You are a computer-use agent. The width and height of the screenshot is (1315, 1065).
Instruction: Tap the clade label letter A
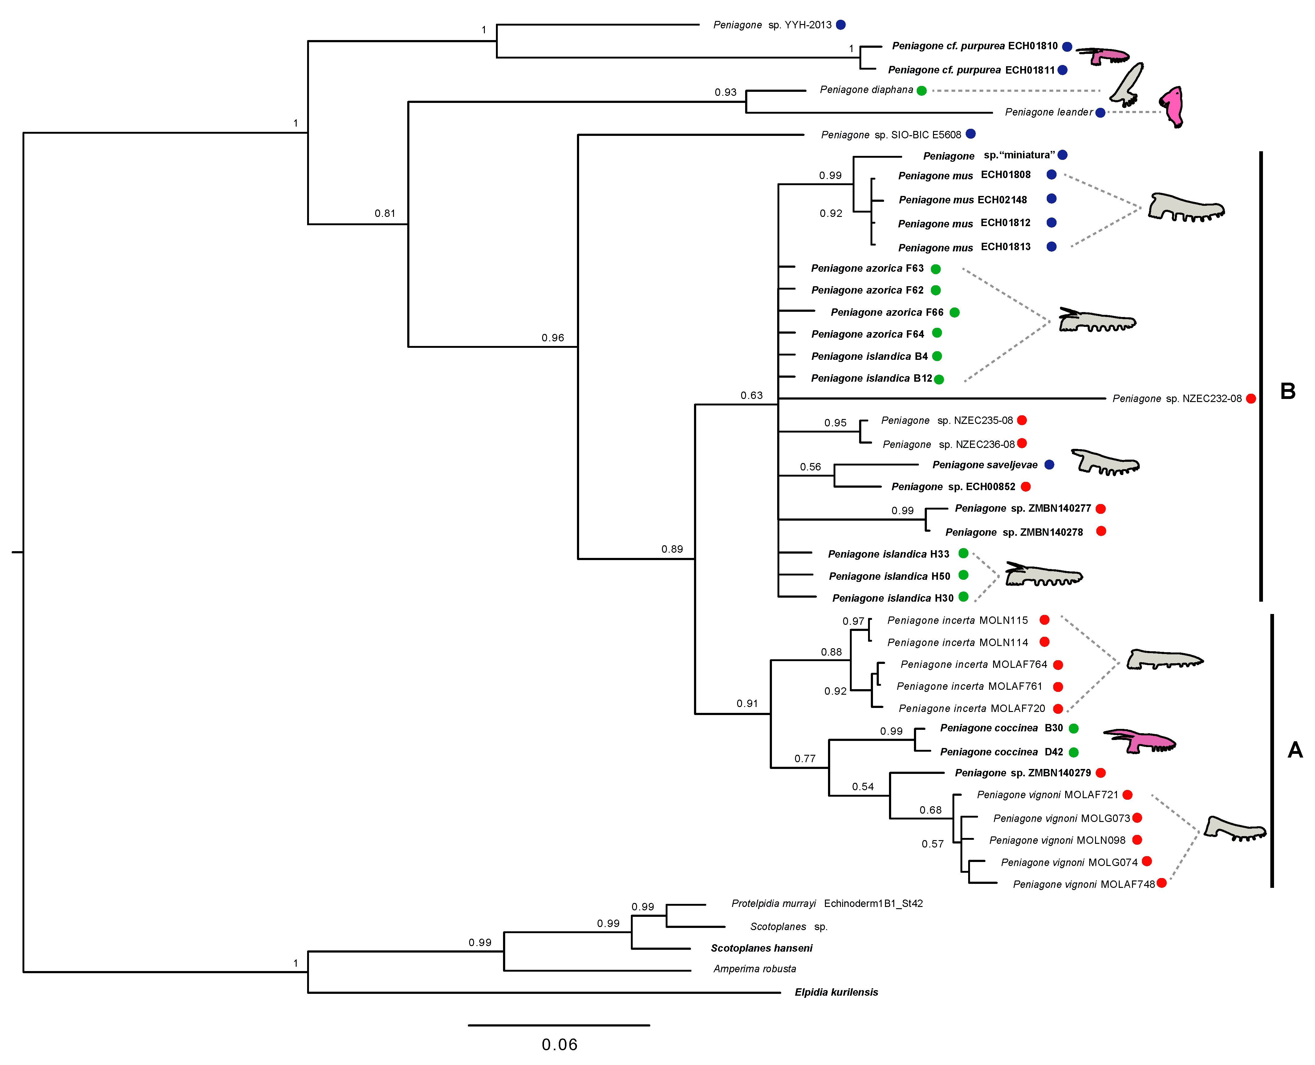1295,750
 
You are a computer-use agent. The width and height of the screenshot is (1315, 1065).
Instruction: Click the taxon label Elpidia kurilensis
836,992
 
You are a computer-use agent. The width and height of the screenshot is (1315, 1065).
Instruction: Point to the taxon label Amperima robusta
754,969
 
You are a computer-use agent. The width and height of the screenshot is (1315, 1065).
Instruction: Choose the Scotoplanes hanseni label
761,948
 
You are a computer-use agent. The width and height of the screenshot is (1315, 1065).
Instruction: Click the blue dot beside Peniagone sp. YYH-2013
840,25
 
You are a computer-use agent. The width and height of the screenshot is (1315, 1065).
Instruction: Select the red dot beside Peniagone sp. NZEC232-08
1251,399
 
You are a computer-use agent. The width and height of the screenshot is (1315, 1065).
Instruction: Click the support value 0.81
384,213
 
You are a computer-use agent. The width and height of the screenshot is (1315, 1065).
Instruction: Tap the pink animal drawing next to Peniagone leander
1171,107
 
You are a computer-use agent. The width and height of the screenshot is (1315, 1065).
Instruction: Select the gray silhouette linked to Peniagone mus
1185,209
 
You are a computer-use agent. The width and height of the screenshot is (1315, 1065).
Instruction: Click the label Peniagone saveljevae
984,465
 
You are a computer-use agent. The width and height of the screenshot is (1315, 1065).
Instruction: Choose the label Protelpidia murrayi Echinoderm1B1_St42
827,904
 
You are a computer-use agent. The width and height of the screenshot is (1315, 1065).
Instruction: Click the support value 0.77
805,759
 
